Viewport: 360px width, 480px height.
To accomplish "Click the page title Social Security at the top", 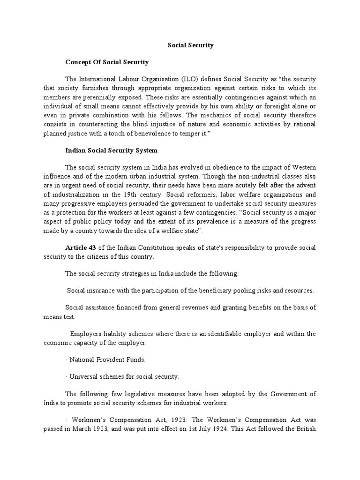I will [190, 45].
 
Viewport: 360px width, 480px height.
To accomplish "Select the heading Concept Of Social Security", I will [107, 62].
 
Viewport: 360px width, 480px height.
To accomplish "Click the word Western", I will [303, 167].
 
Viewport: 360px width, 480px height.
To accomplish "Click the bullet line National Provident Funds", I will [107, 360].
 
